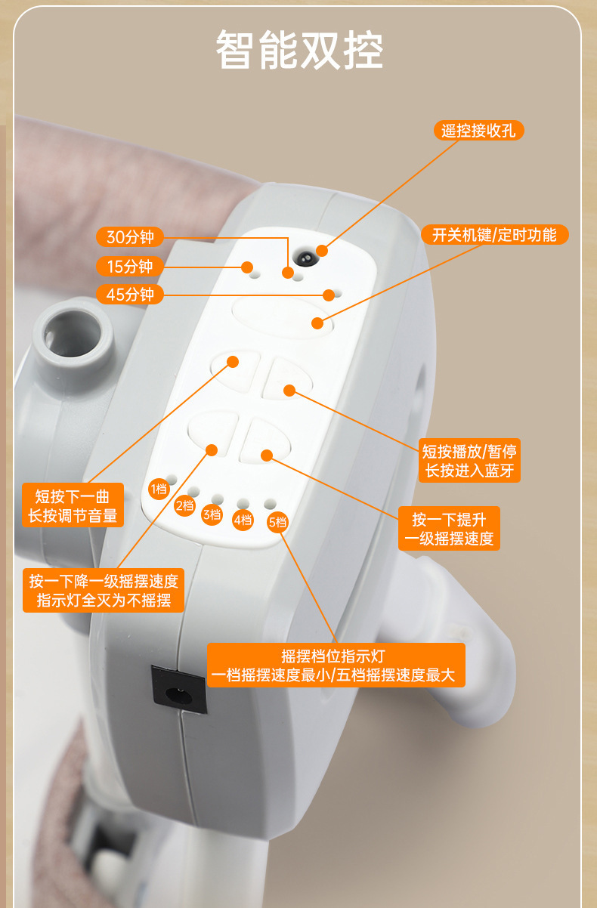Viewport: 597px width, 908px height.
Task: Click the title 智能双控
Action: pyautogui.click(x=299, y=50)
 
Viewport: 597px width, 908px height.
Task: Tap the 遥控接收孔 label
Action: pyautogui.click(x=478, y=131)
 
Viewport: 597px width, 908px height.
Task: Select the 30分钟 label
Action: pyautogui.click(x=130, y=236)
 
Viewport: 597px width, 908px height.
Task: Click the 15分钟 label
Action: pyautogui.click(x=130, y=267)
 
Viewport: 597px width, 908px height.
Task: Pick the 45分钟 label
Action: pyautogui.click(x=130, y=295)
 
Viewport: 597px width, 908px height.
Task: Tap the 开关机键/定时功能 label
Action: pyautogui.click(x=495, y=235)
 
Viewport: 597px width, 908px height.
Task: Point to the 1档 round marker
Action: pyautogui.click(x=159, y=490)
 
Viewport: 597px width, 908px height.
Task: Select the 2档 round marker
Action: pyautogui.click(x=184, y=505)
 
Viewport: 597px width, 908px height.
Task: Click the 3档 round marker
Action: pyautogui.click(x=212, y=514)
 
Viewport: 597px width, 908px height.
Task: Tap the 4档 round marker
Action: pyautogui.click(x=243, y=520)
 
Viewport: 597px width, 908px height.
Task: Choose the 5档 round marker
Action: pyautogui.click(x=278, y=522)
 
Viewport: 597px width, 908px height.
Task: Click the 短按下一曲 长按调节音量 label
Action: pyautogui.click(x=73, y=505)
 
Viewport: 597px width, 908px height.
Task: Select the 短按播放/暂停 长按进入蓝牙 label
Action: pyautogui.click(x=469, y=461)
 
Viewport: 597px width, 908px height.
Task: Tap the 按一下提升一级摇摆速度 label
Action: pyautogui.click(x=449, y=528)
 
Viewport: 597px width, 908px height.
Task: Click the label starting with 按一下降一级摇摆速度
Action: pyautogui.click(x=104, y=590)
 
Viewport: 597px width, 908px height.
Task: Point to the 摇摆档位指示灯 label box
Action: pyautogui.click(x=336, y=665)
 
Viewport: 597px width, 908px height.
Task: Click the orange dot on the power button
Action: pyautogui.click(x=317, y=323)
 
